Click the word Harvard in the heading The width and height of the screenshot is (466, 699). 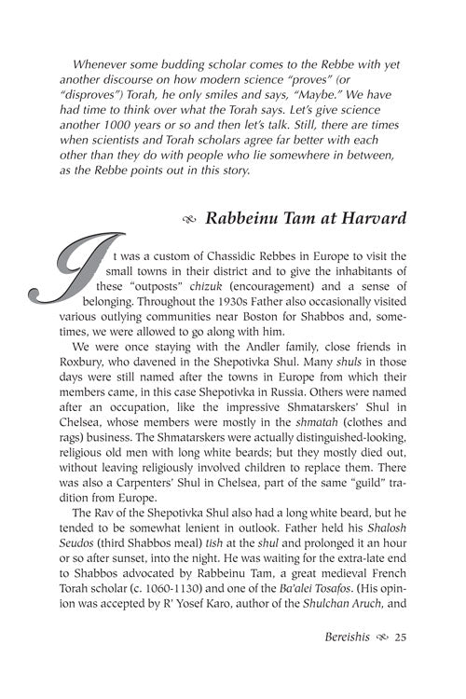(371, 225)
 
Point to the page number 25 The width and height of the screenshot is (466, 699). (402, 664)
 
